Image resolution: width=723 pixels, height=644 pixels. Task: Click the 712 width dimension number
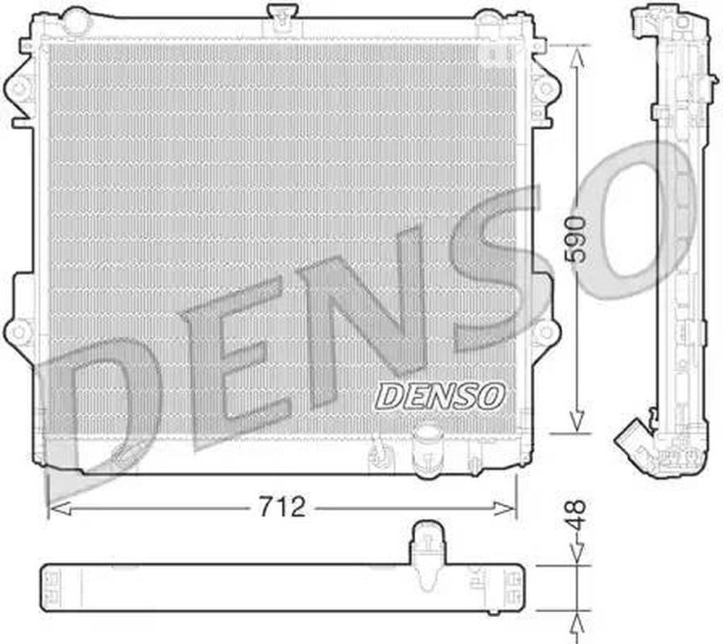pos(282,507)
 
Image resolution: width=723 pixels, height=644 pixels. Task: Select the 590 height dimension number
pos(577,239)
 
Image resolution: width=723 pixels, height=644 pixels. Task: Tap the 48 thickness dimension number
pos(577,515)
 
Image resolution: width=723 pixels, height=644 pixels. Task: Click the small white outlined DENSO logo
pos(440,397)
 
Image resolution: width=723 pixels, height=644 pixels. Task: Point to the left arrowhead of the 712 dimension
pos(60,508)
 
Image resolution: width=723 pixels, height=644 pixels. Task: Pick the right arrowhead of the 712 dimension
pos(504,508)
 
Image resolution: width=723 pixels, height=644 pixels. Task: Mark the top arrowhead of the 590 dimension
pos(577,57)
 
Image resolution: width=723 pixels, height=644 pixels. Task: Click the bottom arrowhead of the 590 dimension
pos(577,423)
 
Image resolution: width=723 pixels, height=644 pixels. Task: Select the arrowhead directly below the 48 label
pos(577,553)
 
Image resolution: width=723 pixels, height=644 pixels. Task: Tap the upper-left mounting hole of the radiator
pos(19,87)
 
